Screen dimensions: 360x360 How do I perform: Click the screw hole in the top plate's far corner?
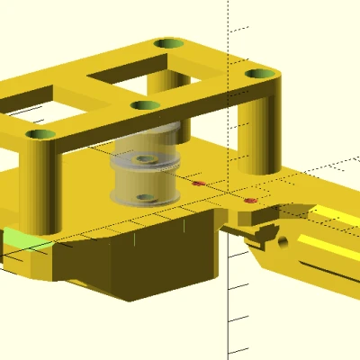tap(166, 43)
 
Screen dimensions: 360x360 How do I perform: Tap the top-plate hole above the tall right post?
tap(260, 74)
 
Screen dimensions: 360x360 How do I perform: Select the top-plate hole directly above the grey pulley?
tap(144, 105)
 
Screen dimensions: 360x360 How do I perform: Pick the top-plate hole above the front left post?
tap(39, 135)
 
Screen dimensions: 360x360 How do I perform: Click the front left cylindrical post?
tap(41, 189)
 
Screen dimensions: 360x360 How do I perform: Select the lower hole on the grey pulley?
tap(143, 197)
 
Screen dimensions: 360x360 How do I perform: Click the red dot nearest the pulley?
tap(199, 184)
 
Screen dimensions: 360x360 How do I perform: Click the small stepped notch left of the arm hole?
tap(261, 234)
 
